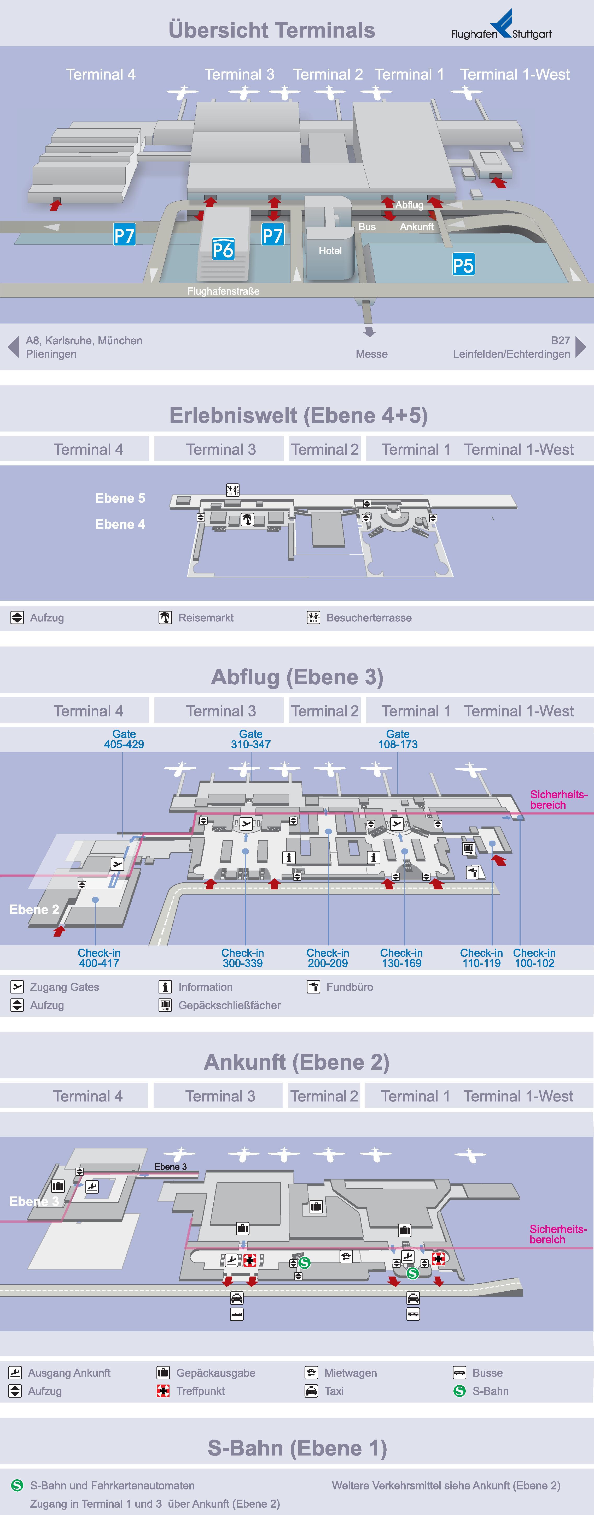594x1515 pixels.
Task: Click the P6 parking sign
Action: tap(223, 249)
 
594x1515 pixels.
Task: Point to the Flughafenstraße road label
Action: tap(223, 291)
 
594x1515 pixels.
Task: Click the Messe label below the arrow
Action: tap(371, 354)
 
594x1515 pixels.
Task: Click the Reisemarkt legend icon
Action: tap(165, 618)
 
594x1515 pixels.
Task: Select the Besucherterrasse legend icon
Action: tap(313, 618)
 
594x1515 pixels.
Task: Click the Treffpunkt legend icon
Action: tap(163, 1391)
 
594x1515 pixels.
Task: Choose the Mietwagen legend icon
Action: tap(311, 1373)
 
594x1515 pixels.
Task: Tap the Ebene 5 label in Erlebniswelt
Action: tap(120, 498)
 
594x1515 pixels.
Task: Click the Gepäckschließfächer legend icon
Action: tap(165, 1005)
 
